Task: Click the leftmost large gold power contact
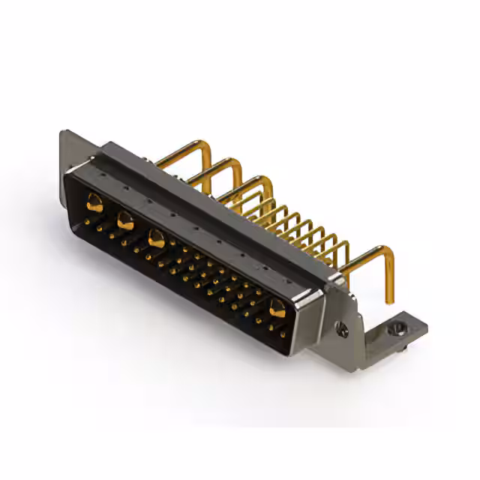[x=94, y=200]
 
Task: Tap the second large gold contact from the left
[x=125, y=220]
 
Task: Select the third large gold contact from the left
[x=156, y=239]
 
